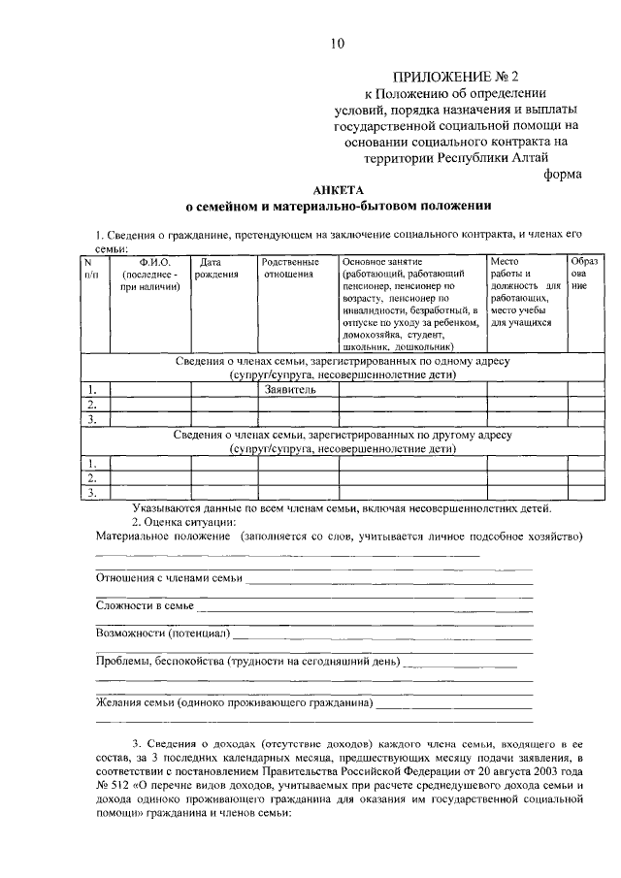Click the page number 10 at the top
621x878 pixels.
tap(336, 42)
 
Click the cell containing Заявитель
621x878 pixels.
tap(290, 390)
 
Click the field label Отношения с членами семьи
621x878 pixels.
tap(169, 579)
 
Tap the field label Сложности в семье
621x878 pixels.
tap(145, 606)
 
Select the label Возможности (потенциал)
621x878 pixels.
tap(162, 634)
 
